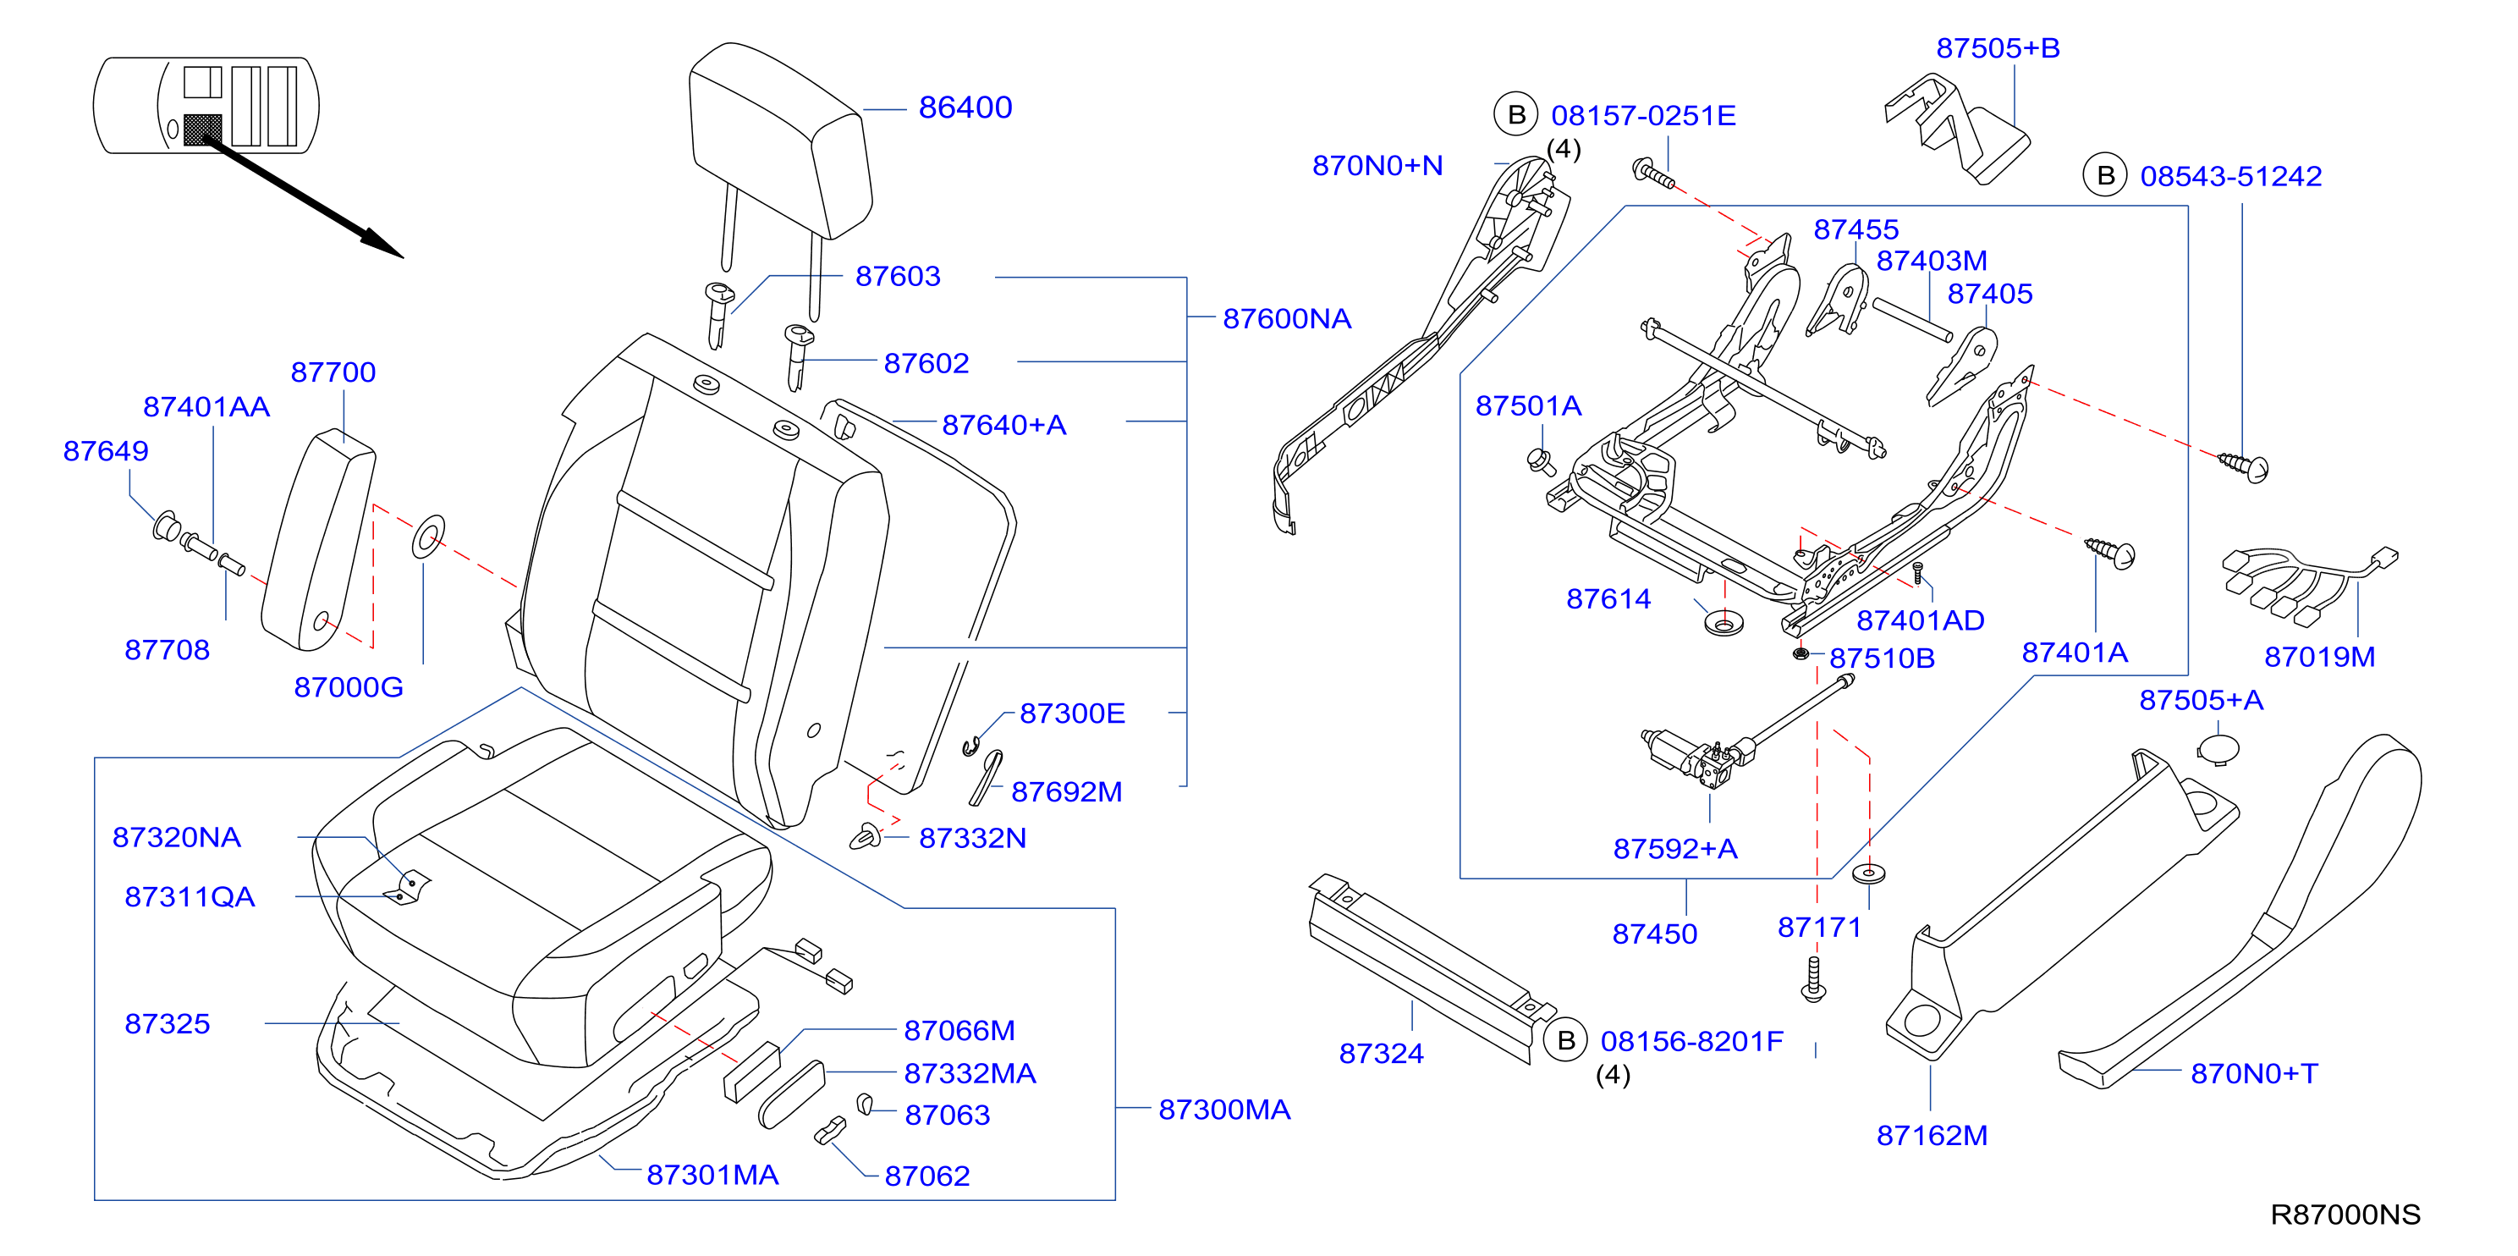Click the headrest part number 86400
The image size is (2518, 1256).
click(x=965, y=107)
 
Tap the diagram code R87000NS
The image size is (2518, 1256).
click(x=2345, y=1215)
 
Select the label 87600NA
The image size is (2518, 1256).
click(x=1286, y=318)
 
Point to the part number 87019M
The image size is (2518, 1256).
click(x=2318, y=657)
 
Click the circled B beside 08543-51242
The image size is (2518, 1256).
click(x=2105, y=176)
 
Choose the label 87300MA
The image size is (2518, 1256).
click(x=1223, y=1110)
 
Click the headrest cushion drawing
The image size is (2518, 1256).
click(x=779, y=141)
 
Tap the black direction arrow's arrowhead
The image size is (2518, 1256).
click(x=383, y=245)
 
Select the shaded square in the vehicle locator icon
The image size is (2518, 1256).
click(x=202, y=130)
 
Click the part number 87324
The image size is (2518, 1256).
click(x=1380, y=1054)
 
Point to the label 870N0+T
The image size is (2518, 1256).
click(x=2253, y=1073)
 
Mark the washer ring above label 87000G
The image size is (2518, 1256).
click(x=428, y=537)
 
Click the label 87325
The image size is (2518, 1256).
click(x=168, y=1023)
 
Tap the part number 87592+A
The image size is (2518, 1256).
click(x=1674, y=848)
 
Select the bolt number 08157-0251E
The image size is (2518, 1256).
click(x=1643, y=115)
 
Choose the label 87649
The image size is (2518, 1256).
click(x=106, y=450)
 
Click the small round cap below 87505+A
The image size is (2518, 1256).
click(x=2218, y=750)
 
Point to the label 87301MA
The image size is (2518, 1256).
click(x=712, y=1175)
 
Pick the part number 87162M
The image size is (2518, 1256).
click(x=1932, y=1136)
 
